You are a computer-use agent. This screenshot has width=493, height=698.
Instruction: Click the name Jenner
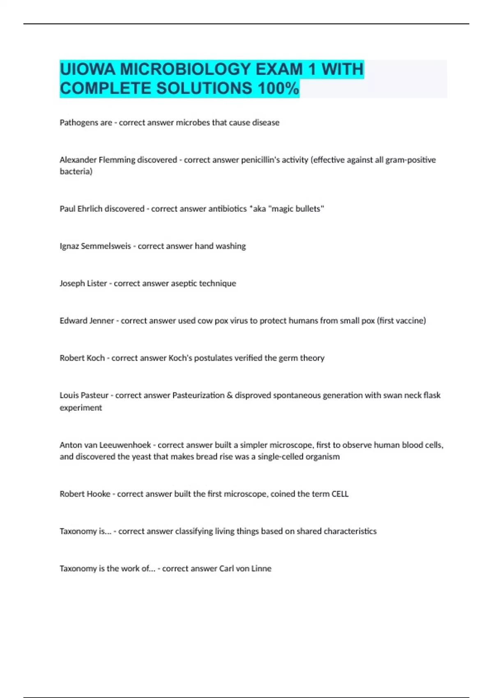[x=101, y=321]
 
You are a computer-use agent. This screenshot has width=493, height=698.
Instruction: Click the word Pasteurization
[x=198, y=395]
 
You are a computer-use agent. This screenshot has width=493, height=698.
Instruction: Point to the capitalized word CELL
[x=340, y=494]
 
